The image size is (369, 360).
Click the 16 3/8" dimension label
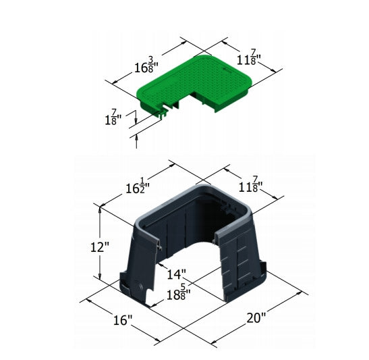point(146,65)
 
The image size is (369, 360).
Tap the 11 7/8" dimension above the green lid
point(249,57)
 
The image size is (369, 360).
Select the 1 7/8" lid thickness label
point(113,117)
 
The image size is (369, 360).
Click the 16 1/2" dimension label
point(138,186)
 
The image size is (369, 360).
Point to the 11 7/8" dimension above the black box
point(251,184)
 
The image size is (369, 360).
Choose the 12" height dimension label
point(100,247)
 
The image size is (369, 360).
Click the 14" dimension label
point(177,274)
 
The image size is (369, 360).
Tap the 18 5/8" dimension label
point(179,292)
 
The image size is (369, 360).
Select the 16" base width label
point(123,319)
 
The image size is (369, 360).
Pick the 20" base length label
point(256,318)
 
